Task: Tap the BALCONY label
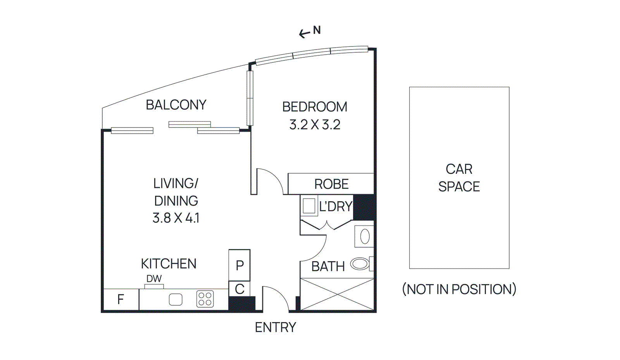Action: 176,105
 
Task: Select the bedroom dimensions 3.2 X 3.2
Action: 315,124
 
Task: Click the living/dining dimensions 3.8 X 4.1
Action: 176,218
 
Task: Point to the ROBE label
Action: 331,184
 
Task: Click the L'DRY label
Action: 336,207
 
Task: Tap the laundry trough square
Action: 309,206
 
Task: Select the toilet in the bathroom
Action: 361,264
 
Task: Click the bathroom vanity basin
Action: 365,236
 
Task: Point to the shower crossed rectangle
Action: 337,294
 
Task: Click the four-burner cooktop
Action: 205,299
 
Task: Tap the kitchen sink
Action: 176,299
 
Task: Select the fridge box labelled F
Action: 121,299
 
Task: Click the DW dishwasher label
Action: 154,279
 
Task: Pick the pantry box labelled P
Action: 239,265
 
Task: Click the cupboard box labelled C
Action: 239,289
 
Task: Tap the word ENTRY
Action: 275,327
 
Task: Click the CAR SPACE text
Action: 459,177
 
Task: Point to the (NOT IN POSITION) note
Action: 459,289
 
